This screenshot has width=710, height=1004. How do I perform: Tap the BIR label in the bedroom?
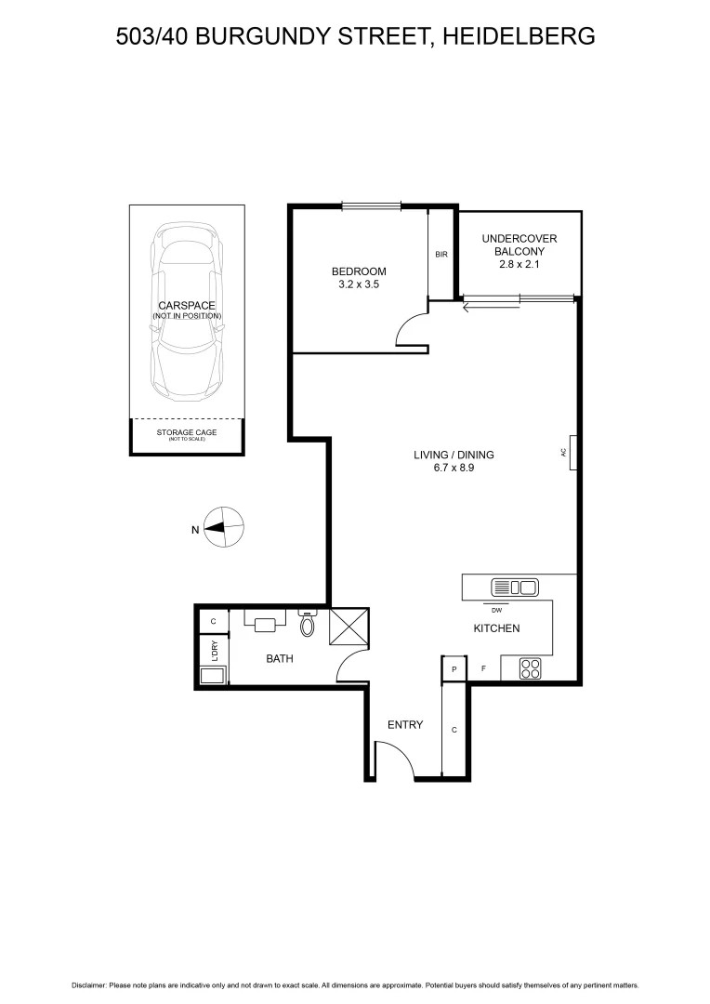(441, 254)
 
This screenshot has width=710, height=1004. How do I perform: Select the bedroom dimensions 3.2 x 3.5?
(359, 285)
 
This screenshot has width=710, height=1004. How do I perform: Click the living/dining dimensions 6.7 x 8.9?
(454, 469)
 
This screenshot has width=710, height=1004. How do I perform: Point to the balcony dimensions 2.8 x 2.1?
(519, 264)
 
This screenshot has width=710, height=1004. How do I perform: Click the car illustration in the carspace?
(187, 311)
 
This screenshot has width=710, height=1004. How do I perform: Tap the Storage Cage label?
(187, 432)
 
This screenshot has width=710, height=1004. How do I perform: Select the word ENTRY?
(405, 725)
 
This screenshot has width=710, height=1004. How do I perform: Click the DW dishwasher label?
(496, 610)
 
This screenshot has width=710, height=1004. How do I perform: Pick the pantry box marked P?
(454, 668)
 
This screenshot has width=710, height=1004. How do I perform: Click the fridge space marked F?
(482, 668)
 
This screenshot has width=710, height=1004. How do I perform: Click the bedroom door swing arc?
(410, 330)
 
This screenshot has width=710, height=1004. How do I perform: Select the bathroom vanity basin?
(265, 624)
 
